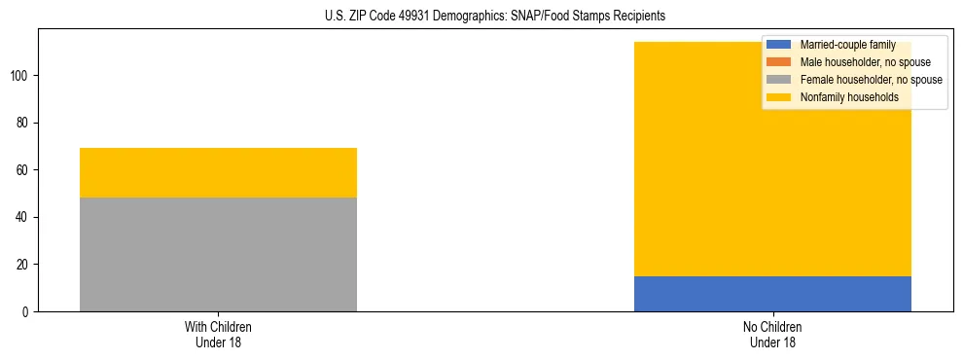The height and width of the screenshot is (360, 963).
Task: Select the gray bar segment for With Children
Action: coord(218,254)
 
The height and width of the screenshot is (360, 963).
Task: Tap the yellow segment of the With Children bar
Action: coord(218,172)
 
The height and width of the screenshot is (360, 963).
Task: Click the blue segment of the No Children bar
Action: coord(772,293)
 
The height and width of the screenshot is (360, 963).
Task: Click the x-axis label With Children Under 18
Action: coord(218,334)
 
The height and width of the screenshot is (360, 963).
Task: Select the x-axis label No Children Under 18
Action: coord(772,334)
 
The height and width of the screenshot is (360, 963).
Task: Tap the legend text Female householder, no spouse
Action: coord(871,80)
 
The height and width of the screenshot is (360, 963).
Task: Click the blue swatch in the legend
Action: coord(779,45)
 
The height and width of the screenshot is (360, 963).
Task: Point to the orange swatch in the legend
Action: coord(779,62)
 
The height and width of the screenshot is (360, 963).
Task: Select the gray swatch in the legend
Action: coord(779,80)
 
